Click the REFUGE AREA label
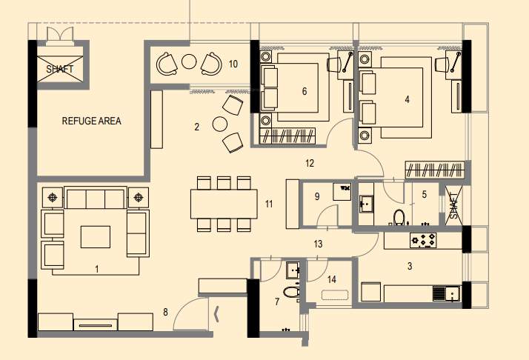coord(91,121)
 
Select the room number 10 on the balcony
coord(233,64)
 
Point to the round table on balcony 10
coord(190,62)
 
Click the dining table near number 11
coord(223,204)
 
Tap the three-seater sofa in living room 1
coord(95,199)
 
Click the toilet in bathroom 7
coord(290,291)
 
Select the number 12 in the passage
coord(310,162)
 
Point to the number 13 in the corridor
coord(319,243)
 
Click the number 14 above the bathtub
coord(331,279)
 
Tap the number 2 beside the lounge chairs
coord(196,127)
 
